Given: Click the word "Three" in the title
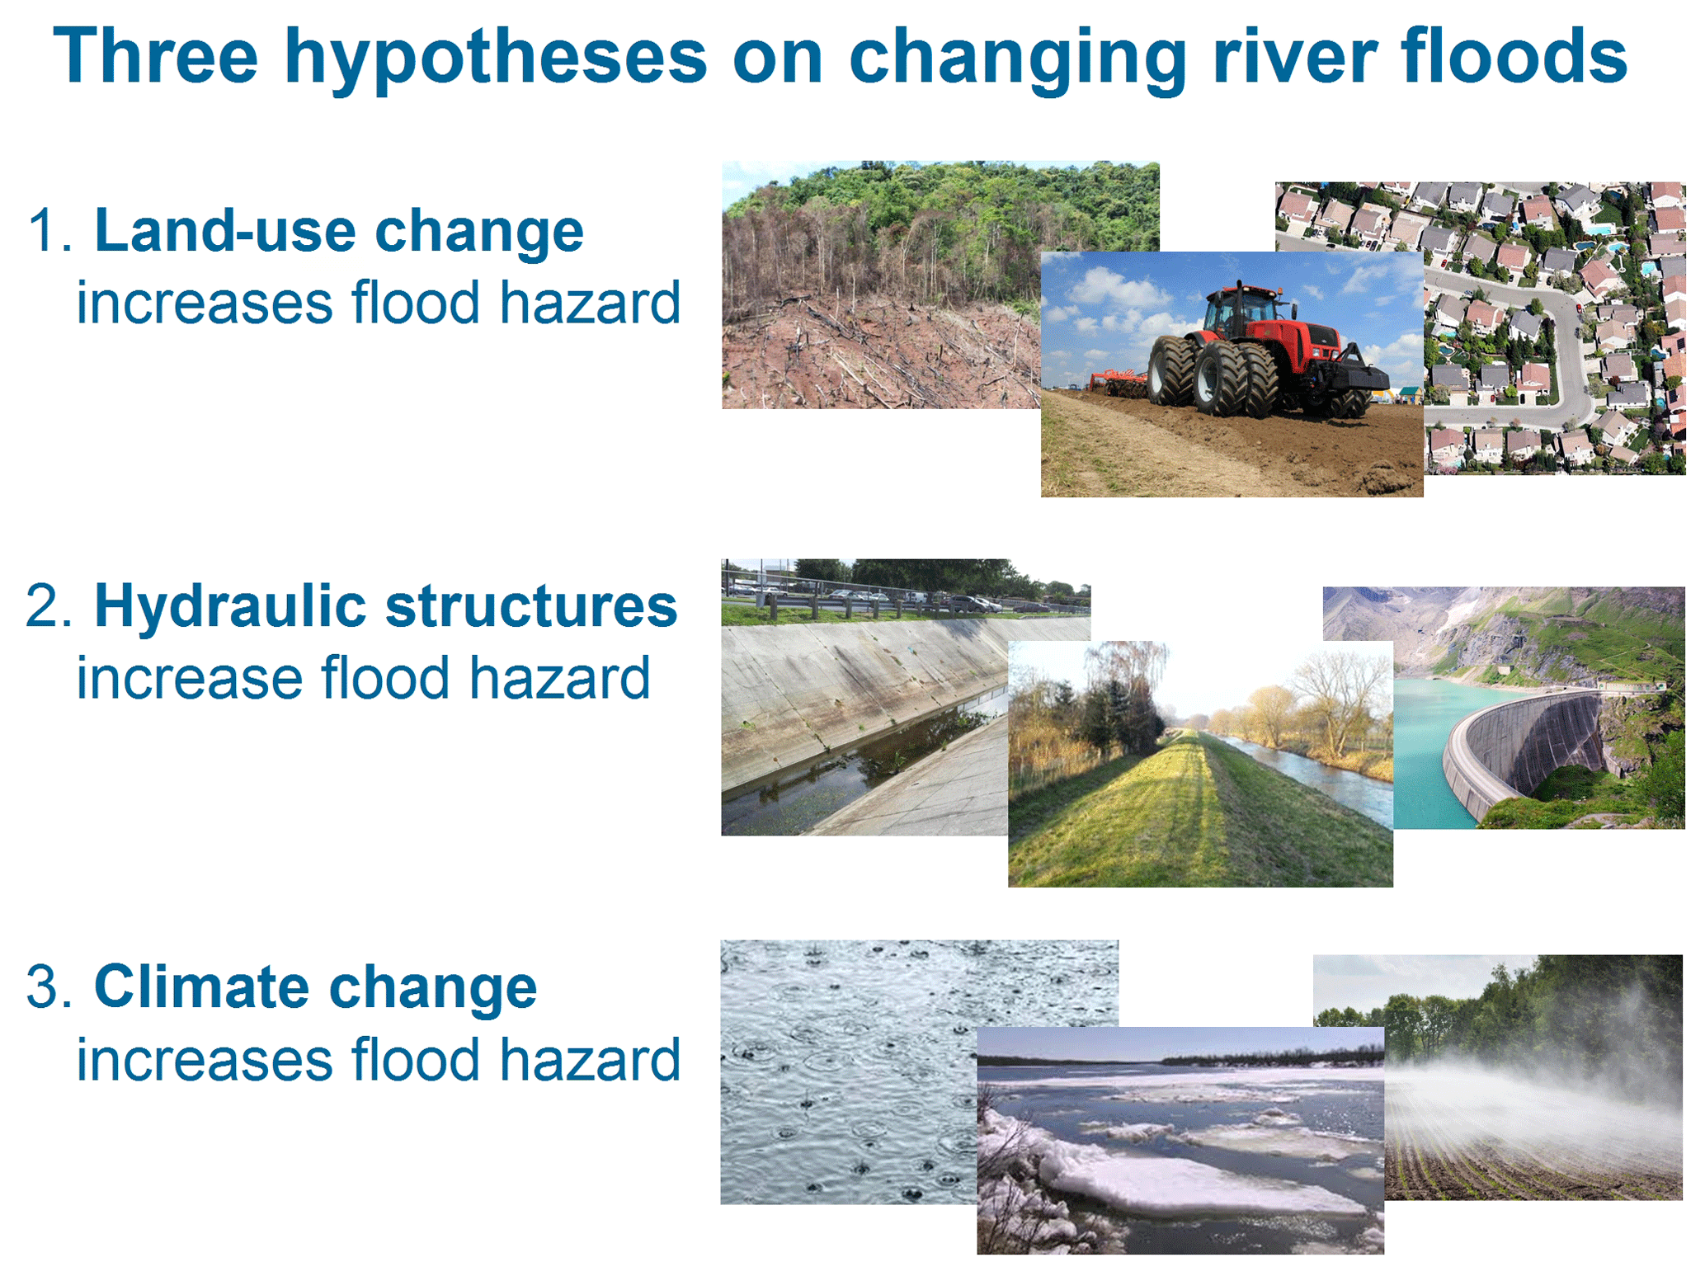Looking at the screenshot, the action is point(155,55).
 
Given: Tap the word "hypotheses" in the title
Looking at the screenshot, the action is point(496,59).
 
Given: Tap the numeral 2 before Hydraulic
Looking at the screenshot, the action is point(43,605).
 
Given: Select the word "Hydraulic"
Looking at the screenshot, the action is point(229,607).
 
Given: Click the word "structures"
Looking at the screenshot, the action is point(531,606).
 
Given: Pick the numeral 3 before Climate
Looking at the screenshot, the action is point(43,986).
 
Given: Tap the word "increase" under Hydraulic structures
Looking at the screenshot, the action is point(190,678).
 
